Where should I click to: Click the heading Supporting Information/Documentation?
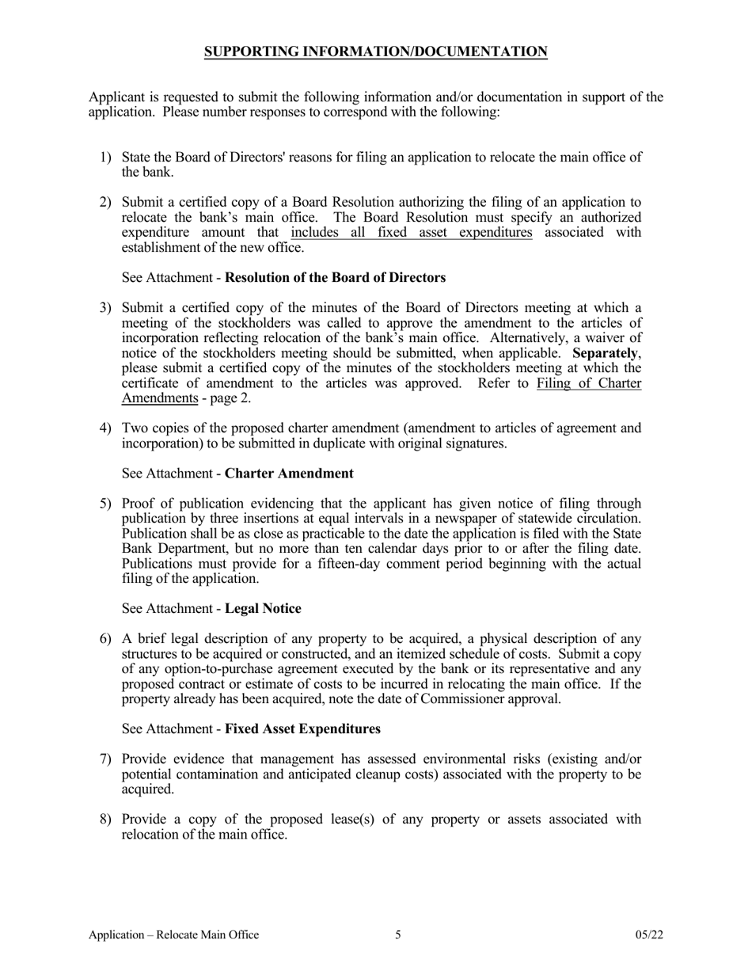click(x=375, y=52)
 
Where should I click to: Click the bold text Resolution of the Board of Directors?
click(x=336, y=278)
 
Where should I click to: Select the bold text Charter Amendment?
click(x=289, y=474)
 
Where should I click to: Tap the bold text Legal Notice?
click(x=263, y=609)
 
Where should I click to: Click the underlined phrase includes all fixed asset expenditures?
click(x=412, y=232)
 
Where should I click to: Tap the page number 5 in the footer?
click(x=398, y=935)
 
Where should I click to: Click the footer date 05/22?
click(x=649, y=935)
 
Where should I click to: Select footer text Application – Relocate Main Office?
click(x=174, y=935)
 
